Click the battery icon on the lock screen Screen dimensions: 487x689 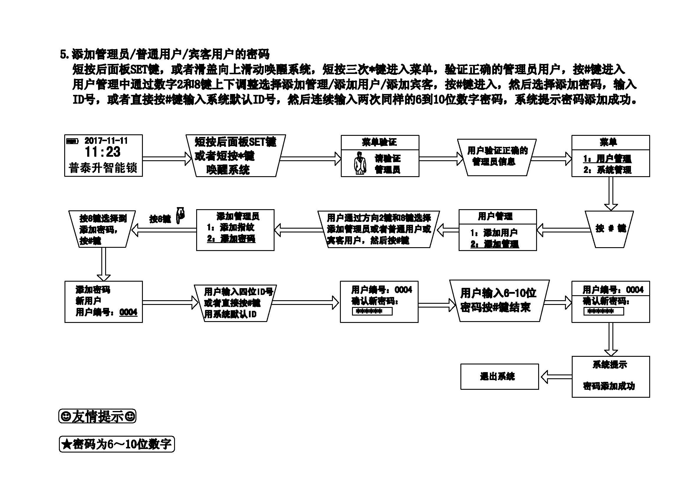coord(72,141)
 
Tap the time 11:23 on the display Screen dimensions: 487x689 coord(103,152)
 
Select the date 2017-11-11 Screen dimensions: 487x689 coord(106,141)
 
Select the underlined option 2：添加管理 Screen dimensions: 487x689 coord(495,244)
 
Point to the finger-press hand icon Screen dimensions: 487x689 coord(180,215)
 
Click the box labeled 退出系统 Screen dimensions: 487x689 coord(499,377)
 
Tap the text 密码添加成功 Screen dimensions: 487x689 coord(609,386)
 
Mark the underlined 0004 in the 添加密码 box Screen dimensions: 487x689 coord(128,312)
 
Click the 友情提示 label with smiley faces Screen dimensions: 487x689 coord(97,416)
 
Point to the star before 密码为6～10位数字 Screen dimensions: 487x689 coord(66,444)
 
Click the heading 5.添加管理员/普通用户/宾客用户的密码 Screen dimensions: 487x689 coord(165,54)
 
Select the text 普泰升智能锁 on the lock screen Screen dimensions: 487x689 coord(103,168)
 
